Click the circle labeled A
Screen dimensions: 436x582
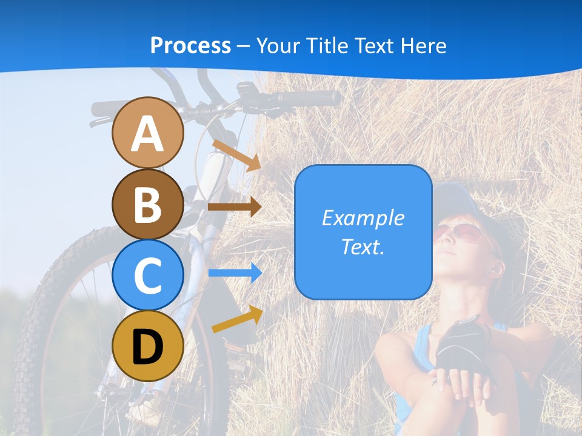148,133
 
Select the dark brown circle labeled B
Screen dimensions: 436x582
148,204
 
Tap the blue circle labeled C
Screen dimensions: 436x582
148,275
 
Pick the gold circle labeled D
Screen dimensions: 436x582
148,346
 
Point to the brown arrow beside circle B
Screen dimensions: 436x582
235,206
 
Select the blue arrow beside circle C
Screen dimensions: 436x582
235,273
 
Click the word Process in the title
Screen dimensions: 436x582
190,45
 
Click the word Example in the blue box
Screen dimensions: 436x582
363,218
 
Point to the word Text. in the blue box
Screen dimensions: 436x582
363,246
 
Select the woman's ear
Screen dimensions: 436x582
497,267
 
